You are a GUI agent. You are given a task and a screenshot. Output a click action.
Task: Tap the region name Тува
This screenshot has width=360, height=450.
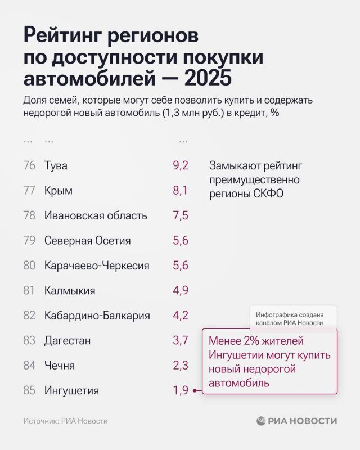pyautogui.click(x=56, y=166)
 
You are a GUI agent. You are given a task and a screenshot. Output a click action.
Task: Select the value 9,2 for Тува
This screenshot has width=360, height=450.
pyautogui.click(x=180, y=166)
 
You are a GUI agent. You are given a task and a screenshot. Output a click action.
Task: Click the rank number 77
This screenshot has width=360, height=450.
pyautogui.click(x=30, y=191)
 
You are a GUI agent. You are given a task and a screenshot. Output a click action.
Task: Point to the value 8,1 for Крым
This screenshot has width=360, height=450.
pyautogui.click(x=180, y=191)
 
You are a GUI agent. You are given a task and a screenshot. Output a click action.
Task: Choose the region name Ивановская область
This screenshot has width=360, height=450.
pyautogui.click(x=96, y=216)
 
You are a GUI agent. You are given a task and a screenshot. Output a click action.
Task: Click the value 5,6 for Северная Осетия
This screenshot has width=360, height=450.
pyautogui.click(x=180, y=241)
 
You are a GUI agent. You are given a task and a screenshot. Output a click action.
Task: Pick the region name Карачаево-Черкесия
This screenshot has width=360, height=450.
pyautogui.click(x=97, y=265)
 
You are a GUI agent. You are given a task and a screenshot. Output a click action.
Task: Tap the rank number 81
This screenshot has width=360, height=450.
pyautogui.click(x=30, y=291)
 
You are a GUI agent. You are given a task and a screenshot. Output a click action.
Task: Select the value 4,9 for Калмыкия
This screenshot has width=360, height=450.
pyautogui.click(x=180, y=291)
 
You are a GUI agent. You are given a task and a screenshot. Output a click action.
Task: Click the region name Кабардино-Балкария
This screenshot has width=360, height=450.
pyautogui.click(x=97, y=316)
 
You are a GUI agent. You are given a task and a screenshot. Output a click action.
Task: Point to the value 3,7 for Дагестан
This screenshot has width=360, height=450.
pyautogui.click(x=180, y=340)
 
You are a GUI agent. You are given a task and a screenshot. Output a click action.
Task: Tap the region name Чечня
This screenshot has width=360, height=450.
pyautogui.click(x=60, y=366)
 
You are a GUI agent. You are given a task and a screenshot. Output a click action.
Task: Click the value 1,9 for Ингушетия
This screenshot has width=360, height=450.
pyautogui.click(x=180, y=390)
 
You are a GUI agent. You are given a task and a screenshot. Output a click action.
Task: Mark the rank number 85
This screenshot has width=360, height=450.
pyautogui.click(x=30, y=390)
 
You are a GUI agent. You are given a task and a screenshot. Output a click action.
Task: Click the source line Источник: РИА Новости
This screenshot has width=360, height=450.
pyautogui.click(x=65, y=421)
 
